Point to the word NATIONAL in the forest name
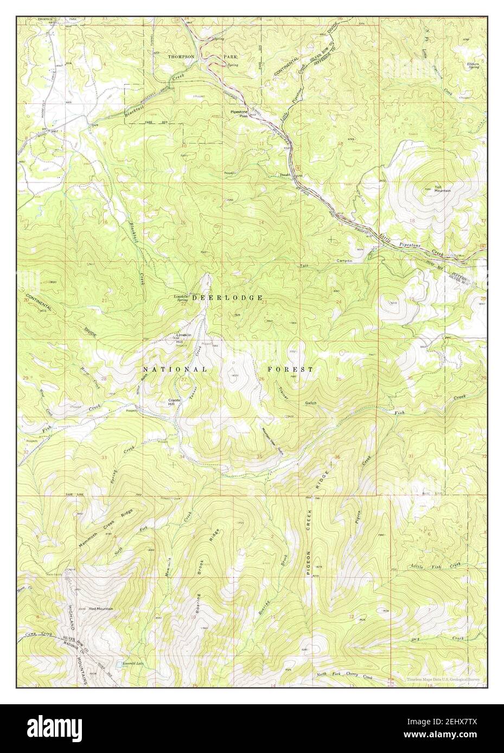coord(174,369)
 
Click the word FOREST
coord(290,369)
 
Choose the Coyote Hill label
coord(174,402)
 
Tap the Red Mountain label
coord(101,609)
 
